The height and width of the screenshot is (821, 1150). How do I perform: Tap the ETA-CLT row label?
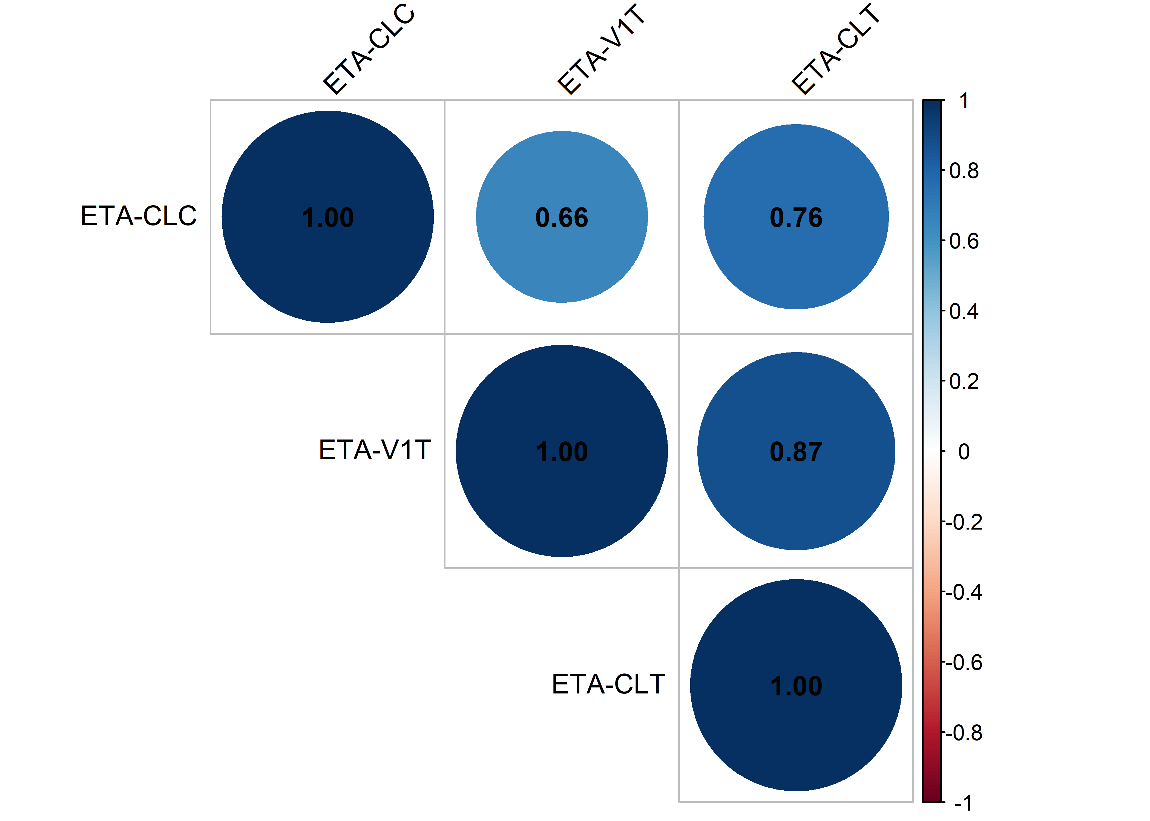click(608, 684)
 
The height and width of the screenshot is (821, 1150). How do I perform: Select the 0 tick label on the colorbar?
click(964, 452)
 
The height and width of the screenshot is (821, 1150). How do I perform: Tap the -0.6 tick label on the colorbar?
click(966, 662)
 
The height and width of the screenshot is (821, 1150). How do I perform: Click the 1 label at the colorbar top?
click(964, 101)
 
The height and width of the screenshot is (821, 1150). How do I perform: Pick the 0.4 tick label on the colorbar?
click(964, 311)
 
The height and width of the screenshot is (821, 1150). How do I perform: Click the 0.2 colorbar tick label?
click(964, 382)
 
